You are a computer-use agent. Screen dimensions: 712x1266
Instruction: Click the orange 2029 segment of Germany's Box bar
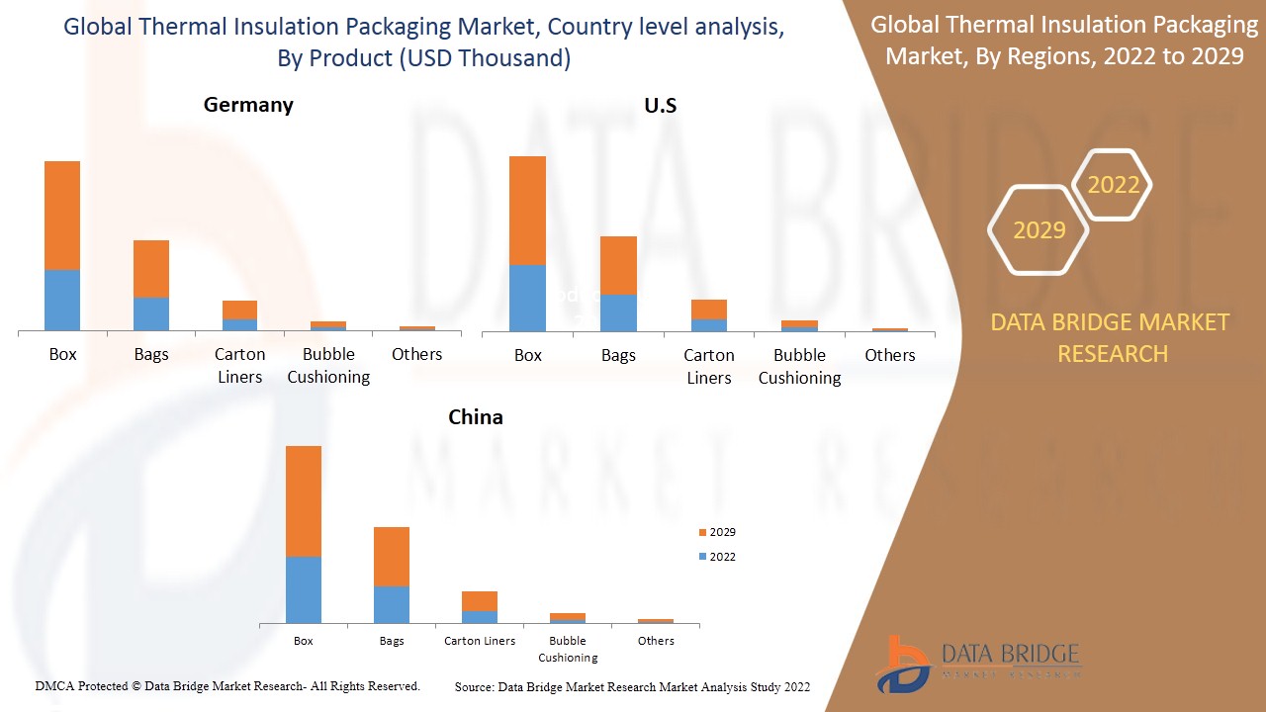tap(62, 215)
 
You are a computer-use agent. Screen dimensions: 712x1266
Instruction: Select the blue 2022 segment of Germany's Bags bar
tap(151, 313)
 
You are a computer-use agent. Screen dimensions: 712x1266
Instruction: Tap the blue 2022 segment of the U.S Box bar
tap(527, 298)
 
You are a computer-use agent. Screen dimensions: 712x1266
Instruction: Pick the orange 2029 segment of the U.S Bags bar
tap(618, 265)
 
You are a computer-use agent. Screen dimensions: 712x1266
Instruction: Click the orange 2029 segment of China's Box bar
tap(304, 500)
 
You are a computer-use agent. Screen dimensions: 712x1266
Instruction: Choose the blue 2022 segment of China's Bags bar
tap(392, 604)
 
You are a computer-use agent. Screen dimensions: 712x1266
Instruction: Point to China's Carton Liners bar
tap(480, 606)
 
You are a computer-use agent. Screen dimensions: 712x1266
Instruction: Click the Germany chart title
tap(248, 105)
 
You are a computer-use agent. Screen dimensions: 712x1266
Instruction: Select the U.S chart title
tap(660, 105)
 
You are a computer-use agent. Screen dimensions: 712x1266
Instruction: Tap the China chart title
tap(476, 417)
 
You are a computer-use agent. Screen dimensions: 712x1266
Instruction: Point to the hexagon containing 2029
tap(1039, 230)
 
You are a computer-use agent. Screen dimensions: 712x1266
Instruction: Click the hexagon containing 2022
tap(1113, 185)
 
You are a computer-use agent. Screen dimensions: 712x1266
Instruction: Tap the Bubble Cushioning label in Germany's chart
tap(328, 365)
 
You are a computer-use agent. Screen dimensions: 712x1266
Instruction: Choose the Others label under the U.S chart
tap(890, 355)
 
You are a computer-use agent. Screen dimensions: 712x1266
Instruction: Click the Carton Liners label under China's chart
tap(480, 641)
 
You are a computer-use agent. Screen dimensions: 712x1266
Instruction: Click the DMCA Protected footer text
tap(227, 685)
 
